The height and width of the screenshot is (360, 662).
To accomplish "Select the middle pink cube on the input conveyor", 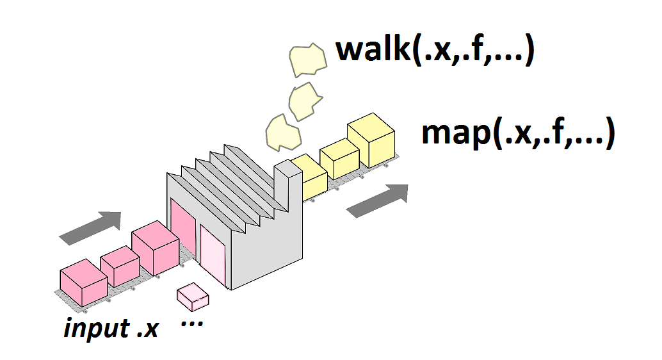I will pyautogui.click(x=120, y=266).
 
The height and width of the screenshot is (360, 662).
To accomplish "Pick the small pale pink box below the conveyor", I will pyautogui.click(x=193, y=295).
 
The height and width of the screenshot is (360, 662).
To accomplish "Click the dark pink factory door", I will pyautogui.click(x=182, y=231).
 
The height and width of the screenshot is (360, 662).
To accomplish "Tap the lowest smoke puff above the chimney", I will pyautogui.click(x=282, y=133).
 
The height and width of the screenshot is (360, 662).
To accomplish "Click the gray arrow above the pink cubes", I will pyautogui.click(x=90, y=228).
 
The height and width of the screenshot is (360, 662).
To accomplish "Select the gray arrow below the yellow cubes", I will pyautogui.click(x=377, y=200).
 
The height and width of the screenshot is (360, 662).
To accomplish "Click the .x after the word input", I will pyautogui.click(x=148, y=329).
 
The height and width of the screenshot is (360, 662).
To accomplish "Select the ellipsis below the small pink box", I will pyautogui.click(x=192, y=323).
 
